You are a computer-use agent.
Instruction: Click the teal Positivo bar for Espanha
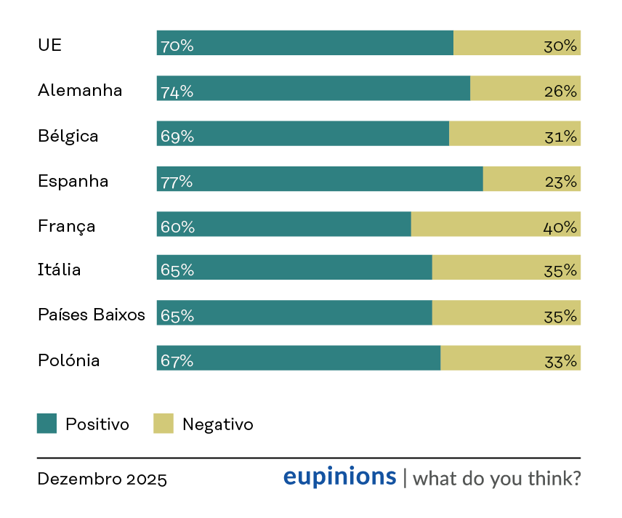(320, 179)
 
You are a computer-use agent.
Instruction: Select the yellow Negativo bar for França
(496, 224)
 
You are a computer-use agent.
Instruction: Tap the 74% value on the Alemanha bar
(177, 92)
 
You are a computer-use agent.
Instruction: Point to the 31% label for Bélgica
(560, 137)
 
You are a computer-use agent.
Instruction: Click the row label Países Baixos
(92, 315)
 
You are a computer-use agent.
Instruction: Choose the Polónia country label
(68, 360)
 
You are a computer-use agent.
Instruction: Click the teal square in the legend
(47, 424)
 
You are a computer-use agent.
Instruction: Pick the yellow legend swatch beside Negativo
(163, 424)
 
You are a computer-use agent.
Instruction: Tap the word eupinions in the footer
(340, 477)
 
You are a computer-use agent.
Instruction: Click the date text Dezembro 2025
(102, 479)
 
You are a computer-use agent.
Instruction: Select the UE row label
(50, 45)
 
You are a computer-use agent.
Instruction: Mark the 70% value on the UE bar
(177, 46)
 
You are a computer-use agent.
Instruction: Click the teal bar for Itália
(294, 267)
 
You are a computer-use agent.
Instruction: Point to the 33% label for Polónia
(560, 362)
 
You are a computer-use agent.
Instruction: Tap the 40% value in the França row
(560, 227)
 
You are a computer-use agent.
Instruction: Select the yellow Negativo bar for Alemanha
(525, 88)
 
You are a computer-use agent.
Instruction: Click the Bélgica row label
(68, 136)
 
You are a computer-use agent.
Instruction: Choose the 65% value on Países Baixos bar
(177, 316)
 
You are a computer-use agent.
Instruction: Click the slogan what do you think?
(496, 478)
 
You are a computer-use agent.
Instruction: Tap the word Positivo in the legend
(97, 424)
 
